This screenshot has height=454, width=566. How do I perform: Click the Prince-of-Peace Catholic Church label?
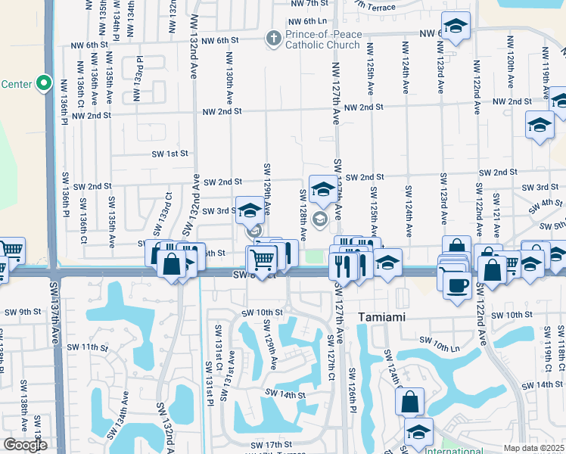click(x=322, y=39)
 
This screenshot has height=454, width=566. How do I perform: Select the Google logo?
click(x=25, y=445)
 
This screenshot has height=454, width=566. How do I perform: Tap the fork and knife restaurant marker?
click(x=343, y=265)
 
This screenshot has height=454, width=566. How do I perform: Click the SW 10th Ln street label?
click(x=458, y=347)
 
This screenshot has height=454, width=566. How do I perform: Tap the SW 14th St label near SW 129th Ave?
click(x=285, y=394)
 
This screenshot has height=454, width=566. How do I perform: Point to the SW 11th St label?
click(x=88, y=347)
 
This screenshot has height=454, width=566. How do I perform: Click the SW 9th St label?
click(x=23, y=312)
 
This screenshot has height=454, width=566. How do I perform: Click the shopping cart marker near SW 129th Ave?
click(x=262, y=260)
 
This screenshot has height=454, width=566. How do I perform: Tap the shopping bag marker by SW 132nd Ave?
click(x=173, y=265)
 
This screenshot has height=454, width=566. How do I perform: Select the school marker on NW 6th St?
click(x=456, y=27)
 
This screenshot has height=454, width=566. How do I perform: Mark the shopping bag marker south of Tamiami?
click(x=409, y=402)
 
